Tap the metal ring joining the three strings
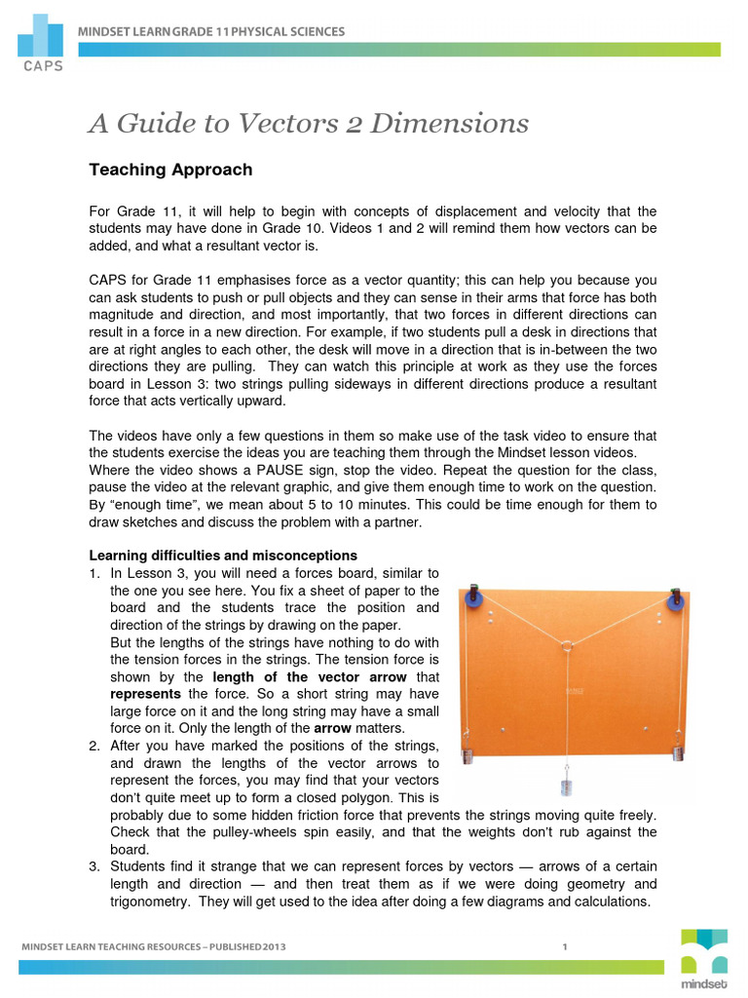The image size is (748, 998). pyautogui.click(x=567, y=644)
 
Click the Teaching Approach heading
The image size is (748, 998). pyautogui.click(x=170, y=170)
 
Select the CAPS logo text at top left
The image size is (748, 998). pyautogui.click(x=38, y=67)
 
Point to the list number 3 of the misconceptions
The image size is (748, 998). pyautogui.click(x=93, y=865)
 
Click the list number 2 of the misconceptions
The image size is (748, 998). pyautogui.click(x=93, y=746)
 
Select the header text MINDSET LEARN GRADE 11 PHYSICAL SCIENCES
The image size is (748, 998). pyautogui.click(x=211, y=32)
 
